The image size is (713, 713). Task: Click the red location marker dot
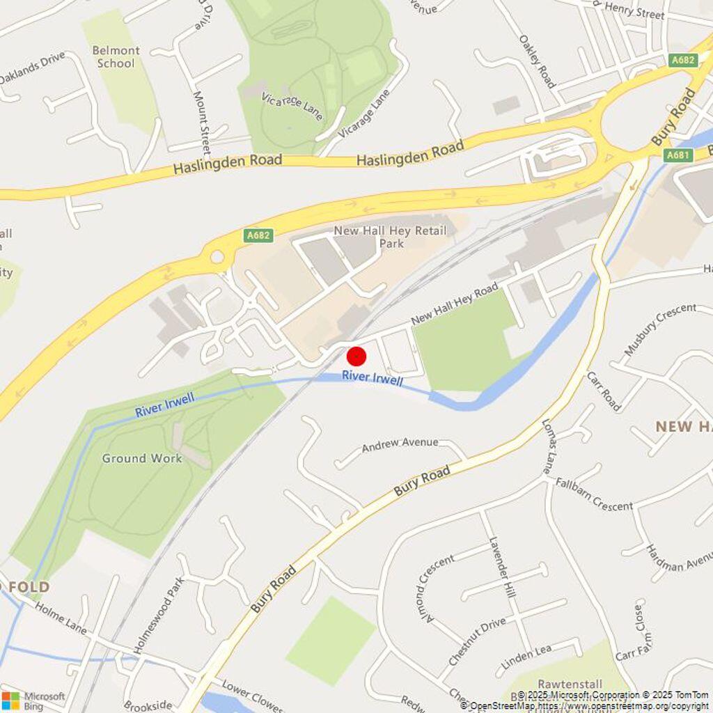[x=356, y=356]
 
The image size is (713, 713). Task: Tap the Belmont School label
[x=116, y=57]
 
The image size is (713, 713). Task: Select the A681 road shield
[x=677, y=155]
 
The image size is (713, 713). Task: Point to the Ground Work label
[x=142, y=458]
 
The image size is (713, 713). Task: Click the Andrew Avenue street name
[x=400, y=444]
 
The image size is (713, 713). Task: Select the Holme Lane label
[x=61, y=617]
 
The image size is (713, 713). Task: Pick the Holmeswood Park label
[x=159, y=614]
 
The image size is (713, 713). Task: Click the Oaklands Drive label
[x=32, y=68]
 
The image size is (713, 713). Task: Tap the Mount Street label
[x=201, y=123]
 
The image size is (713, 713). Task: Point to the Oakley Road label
[x=538, y=61]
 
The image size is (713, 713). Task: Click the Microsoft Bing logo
[x=33, y=700]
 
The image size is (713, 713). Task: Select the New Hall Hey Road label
[x=455, y=304]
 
